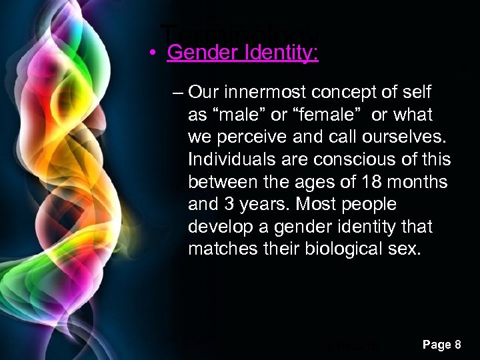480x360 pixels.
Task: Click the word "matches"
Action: (219, 250)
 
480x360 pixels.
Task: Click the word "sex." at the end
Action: (407, 250)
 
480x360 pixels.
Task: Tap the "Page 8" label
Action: (441, 345)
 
